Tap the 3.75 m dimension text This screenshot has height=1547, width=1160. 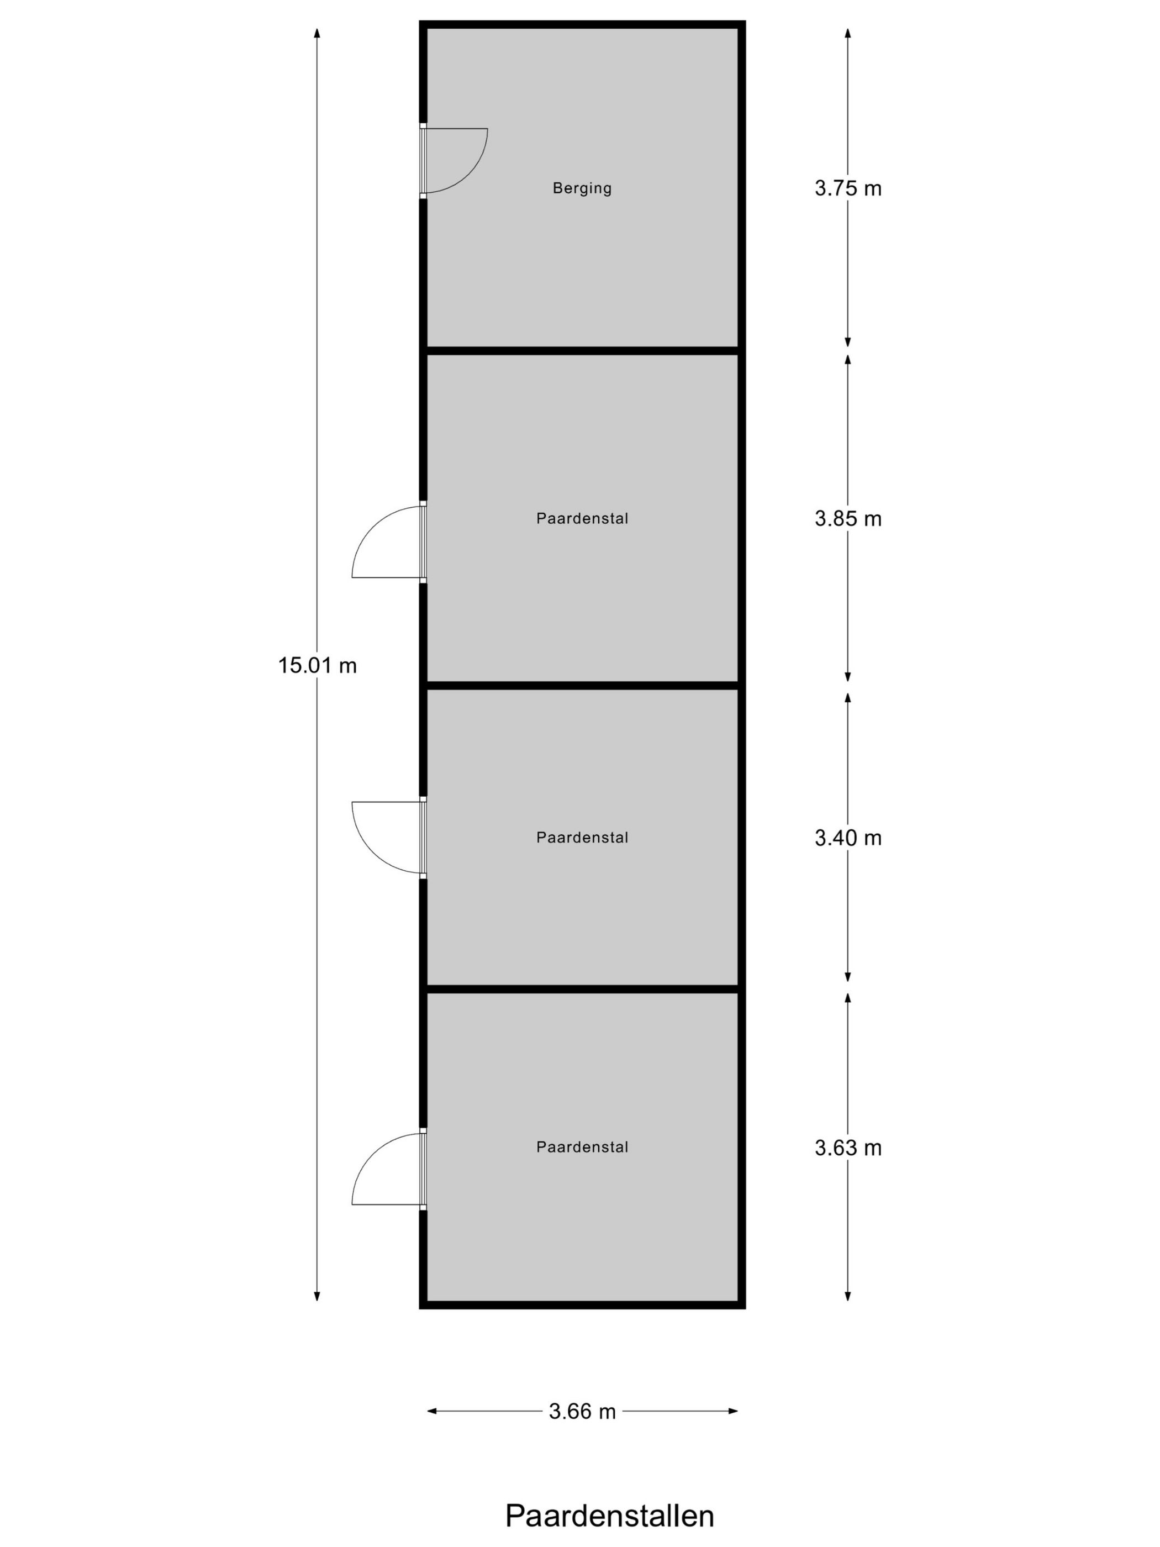[847, 188]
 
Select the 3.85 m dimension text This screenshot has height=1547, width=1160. [847, 518]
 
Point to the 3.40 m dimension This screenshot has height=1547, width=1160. [847, 837]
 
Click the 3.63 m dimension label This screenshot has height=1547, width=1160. [847, 1148]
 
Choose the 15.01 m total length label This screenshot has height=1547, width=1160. [318, 665]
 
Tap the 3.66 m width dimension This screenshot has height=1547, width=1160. [582, 1411]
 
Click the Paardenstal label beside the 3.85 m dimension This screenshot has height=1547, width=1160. [582, 518]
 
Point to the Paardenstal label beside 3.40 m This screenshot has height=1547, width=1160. [582, 837]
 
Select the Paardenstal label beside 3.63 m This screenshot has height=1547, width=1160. [582, 1147]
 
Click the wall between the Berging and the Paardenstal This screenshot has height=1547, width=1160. [582, 350]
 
